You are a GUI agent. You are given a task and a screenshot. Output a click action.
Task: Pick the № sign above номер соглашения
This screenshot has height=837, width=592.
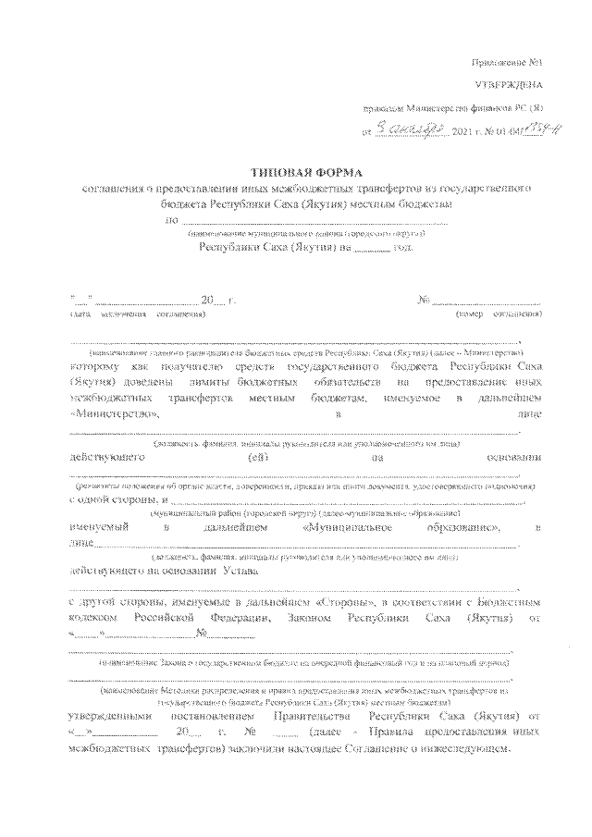[425, 300]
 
